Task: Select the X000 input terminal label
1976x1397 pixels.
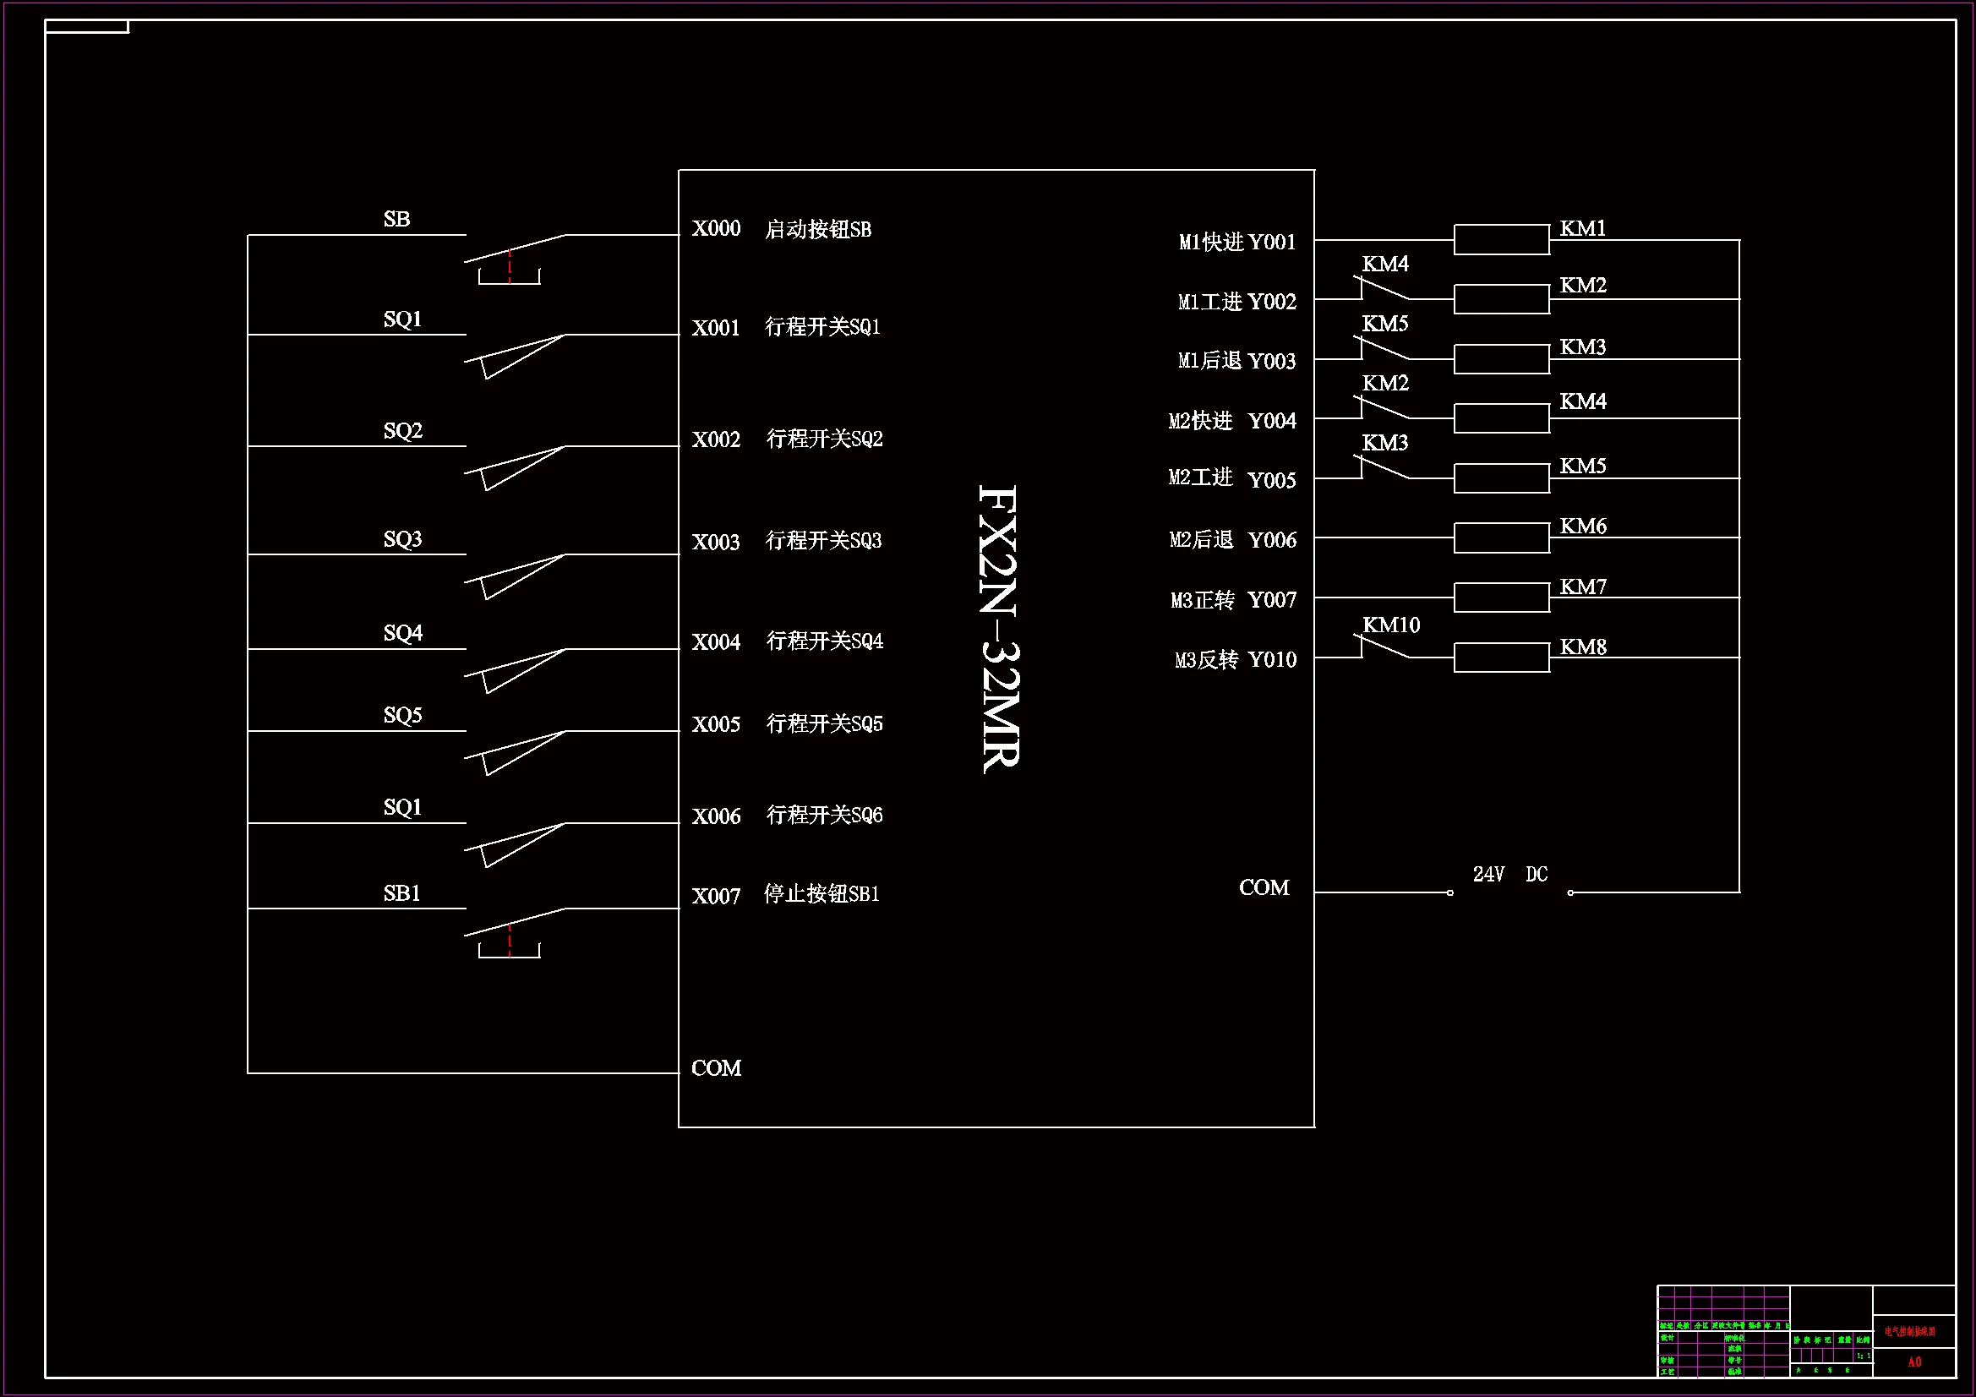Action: (716, 228)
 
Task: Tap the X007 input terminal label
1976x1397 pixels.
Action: (716, 896)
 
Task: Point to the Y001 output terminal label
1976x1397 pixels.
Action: (1271, 242)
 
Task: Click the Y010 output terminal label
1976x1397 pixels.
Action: (1271, 659)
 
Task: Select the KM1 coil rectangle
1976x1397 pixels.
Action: (1501, 239)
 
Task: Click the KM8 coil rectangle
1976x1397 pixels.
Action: (1501, 658)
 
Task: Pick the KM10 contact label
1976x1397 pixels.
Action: (1391, 625)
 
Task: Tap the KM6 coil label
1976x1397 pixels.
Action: (1583, 526)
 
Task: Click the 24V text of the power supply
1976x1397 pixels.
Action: (1488, 875)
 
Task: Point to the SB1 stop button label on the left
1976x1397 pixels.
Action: (402, 893)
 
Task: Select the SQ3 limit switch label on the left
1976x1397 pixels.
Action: (403, 539)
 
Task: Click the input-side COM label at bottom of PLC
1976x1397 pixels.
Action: (716, 1068)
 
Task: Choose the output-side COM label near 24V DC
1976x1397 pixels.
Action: (1264, 887)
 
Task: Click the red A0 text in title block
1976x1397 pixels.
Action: (1914, 1362)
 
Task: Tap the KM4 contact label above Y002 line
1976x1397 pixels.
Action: (1384, 264)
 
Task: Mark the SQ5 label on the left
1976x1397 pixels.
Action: (403, 715)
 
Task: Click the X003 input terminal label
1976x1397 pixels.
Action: (716, 542)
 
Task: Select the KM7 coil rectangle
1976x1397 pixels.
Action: (1501, 598)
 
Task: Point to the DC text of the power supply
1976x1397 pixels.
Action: (1537, 875)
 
